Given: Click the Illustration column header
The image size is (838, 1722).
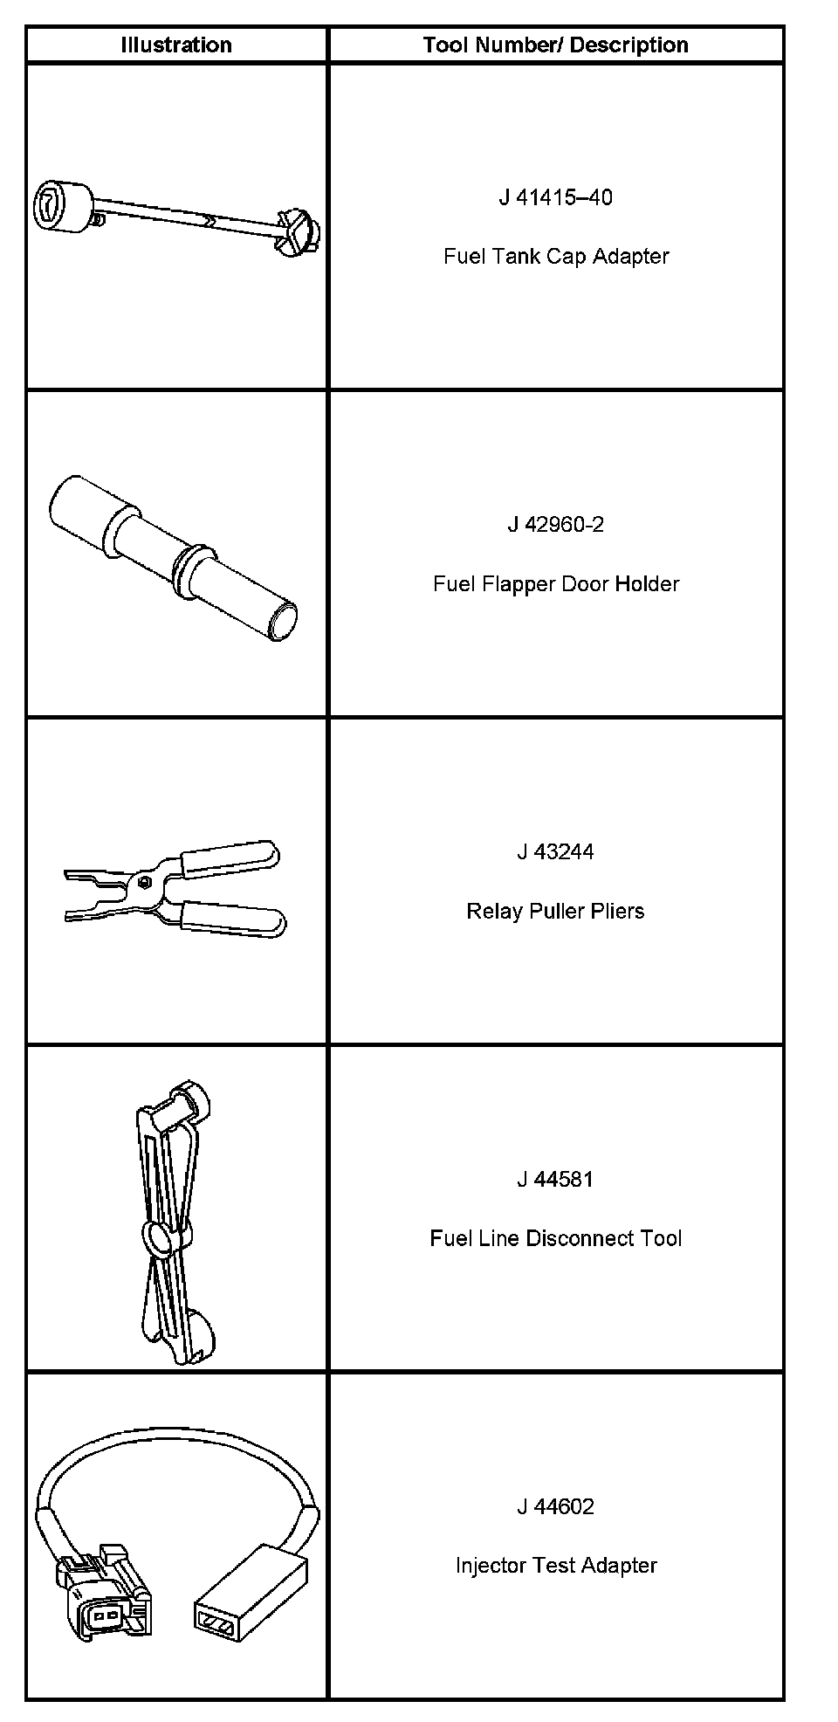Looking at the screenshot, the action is click(176, 45).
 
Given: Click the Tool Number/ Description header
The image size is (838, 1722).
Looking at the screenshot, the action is click(555, 45).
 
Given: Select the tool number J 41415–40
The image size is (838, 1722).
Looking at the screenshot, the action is click(555, 197).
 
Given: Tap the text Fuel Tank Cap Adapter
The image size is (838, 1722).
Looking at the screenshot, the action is click(555, 257).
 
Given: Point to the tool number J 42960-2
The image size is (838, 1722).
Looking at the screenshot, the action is click(555, 525).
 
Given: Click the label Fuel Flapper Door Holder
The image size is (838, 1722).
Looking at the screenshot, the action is click(555, 584).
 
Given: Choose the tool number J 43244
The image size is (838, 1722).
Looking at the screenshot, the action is click(555, 852).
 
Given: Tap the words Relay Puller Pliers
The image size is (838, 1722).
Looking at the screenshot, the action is click(555, 912).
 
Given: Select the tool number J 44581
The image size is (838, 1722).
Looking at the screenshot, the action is click(555, 1180).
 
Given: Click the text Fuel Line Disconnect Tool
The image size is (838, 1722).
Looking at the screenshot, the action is click(555, 1239).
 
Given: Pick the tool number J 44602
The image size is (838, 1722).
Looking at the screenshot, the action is click(555, 1507).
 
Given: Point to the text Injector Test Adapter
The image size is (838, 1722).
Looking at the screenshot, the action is click(555, 1566).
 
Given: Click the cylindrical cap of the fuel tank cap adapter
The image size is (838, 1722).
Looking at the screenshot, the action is click(63, 208).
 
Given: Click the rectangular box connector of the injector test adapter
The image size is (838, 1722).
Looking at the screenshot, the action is click(249, 1592).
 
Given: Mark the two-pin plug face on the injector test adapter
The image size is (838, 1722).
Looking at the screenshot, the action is click(105, 1616).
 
